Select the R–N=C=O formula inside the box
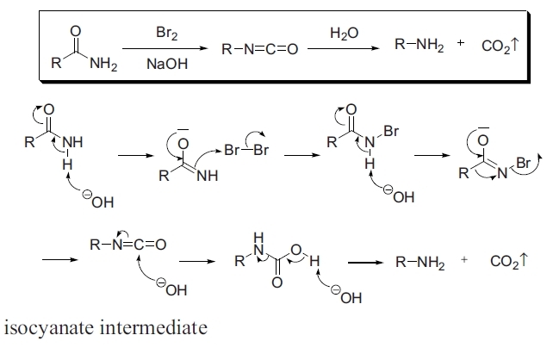click(259, 49)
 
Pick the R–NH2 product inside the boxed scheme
click(420, 48)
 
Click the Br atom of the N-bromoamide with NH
click(389, 133)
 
